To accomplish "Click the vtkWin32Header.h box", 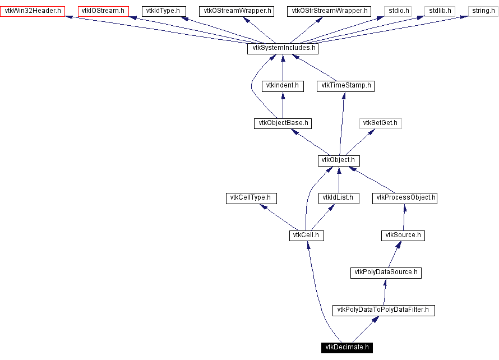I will coord(33,11).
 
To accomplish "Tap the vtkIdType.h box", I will coord(163,11).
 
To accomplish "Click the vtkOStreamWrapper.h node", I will coord(236,11).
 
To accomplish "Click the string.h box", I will coord(482,11).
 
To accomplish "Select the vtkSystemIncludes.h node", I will coord(283,48).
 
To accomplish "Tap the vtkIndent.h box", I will coord(282,86).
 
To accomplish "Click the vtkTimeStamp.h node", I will coord(345,86).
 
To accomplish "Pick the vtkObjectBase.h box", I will coord(282,123).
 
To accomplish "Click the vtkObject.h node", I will coord(338,160).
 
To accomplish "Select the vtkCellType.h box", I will coord(251,198).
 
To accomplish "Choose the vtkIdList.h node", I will coord(339,198).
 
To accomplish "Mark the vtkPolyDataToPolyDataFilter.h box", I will coord(384,310).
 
